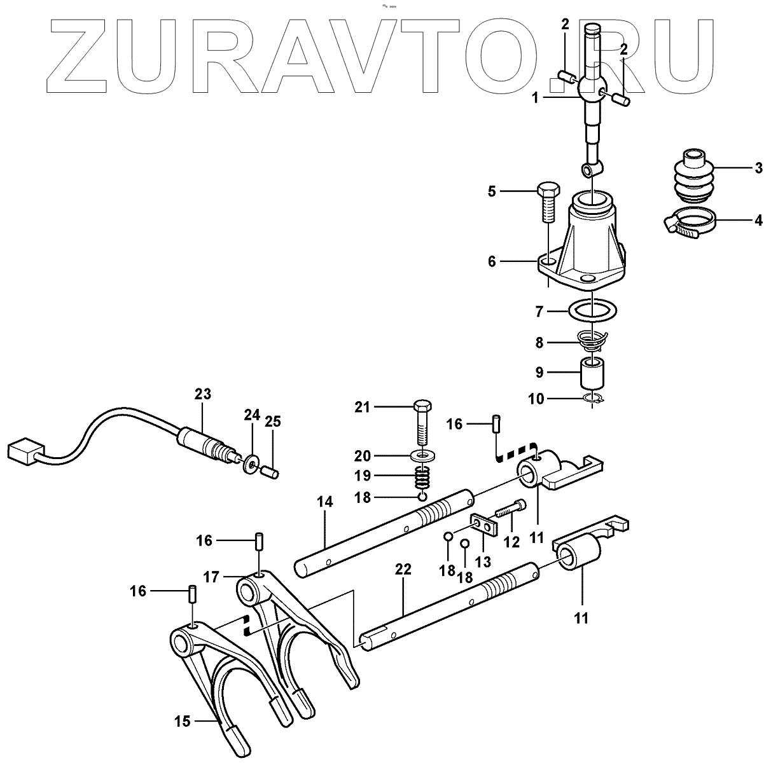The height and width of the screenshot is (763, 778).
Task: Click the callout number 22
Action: coord(403,569)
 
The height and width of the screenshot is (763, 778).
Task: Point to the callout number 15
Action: coord(182,722)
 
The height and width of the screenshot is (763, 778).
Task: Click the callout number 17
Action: coord(211,577)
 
